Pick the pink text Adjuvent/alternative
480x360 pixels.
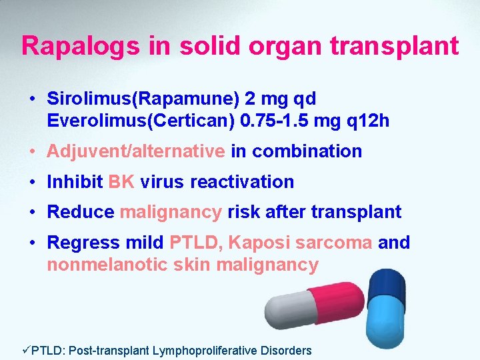(x=135, y=151)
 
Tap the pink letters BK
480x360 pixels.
(x=121, y=182)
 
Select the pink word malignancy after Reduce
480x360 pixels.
(x=171, y=213)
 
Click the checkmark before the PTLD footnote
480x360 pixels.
(x=7, y=350)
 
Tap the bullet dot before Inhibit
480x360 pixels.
(x=32, y=182)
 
